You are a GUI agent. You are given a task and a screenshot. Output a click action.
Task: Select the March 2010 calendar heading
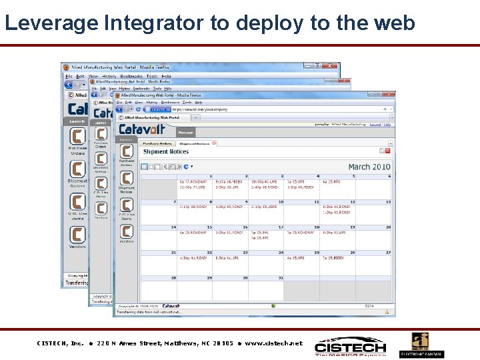click(369, 167)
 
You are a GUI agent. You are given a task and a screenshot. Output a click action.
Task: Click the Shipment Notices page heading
click(166, 152)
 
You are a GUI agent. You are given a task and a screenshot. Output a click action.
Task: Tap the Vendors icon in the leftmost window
click(77, 235)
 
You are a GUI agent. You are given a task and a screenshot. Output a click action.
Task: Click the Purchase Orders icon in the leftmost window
click(77, 138)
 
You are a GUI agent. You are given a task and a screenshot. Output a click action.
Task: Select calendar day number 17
click(281, 227)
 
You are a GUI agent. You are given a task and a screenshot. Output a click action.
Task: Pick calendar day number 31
click(281, 277)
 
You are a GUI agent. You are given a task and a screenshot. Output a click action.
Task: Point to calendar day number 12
click(353, 202)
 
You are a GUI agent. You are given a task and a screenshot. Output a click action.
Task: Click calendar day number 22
click(210, 253)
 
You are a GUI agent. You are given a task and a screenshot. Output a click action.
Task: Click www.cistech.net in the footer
click(273, 343)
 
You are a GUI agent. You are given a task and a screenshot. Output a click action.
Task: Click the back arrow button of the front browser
click(121, 109)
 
